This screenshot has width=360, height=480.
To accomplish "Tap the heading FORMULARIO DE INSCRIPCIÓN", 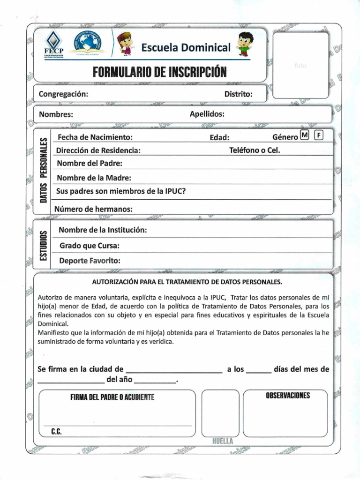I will point(159,72).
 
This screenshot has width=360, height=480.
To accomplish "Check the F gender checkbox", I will point(319,136).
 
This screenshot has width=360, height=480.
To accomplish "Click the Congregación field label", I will point(63,94).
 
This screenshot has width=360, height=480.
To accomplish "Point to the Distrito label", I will point(238,94).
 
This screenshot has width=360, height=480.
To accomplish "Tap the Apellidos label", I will point(207,114).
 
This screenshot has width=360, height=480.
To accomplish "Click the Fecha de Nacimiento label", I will point(95,137).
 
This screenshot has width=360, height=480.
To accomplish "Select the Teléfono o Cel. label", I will point(255,150).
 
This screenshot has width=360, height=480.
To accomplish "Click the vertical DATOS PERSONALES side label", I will point(44,170).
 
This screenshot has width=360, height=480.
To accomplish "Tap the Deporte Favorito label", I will point(90,261).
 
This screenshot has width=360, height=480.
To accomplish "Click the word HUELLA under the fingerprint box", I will point(222,441).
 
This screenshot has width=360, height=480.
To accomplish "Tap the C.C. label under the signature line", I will point(56,431).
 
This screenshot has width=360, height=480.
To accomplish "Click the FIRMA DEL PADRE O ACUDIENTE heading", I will point(112,397).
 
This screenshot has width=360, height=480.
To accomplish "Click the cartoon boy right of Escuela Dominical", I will point(245,43).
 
